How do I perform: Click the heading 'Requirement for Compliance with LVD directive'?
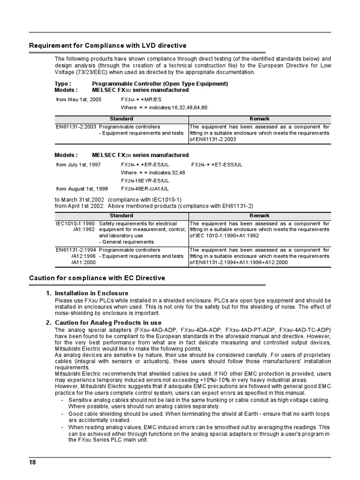(x=108, y=45)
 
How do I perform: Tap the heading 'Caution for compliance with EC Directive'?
(x=97, y=278)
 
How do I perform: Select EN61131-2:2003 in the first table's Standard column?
(x=76, y=127)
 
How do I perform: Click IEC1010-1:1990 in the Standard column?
(x=75, y=224)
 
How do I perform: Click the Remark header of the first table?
(x=259, y=119)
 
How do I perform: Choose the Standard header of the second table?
(x=121, y=216)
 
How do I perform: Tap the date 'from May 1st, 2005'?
(x=79, y=100)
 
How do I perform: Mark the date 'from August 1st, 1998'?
(x=82, y=188)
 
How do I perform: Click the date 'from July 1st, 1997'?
(x=79, y=165)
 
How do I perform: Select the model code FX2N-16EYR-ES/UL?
(x=145, y=180)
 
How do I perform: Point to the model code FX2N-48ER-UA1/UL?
(x=145, y=188)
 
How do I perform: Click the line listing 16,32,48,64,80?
(x=164, y=108)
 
